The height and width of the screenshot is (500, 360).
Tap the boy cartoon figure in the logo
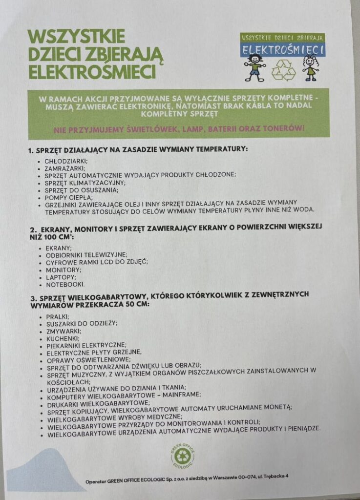coord(254,67)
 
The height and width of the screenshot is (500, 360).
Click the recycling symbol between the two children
coord(283,70)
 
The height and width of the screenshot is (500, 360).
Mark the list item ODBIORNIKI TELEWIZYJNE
coord(86,255)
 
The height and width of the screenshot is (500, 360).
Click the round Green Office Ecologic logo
coord(182,456)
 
